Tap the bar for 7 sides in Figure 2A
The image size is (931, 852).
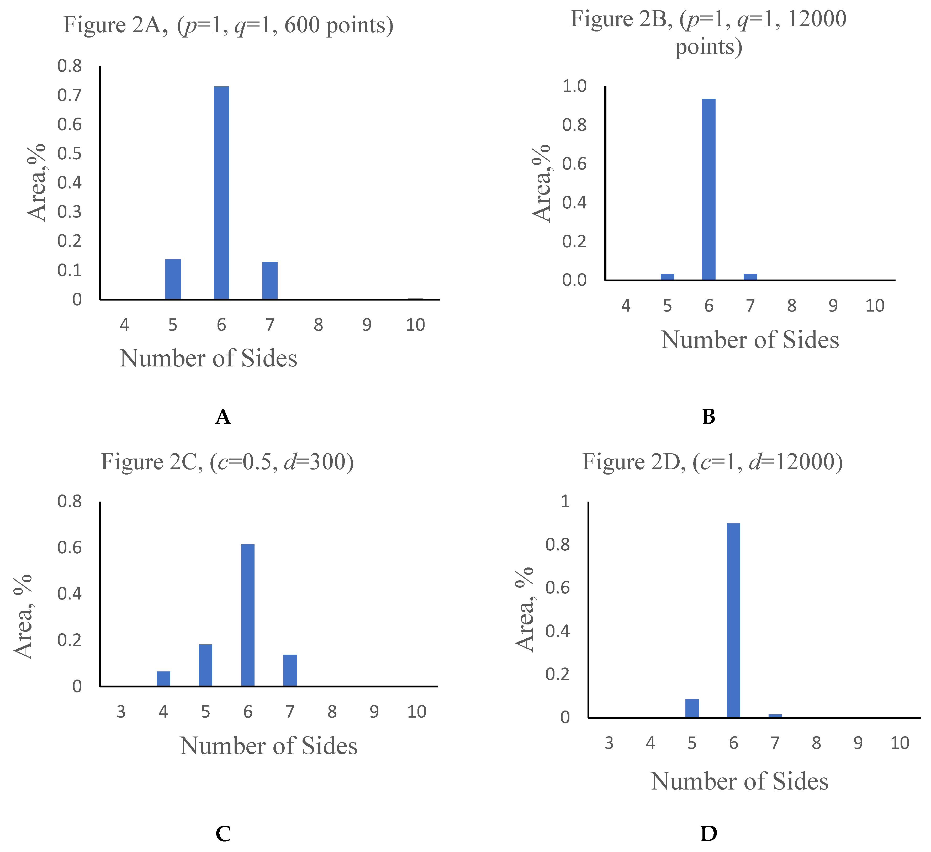[x=270, y=281]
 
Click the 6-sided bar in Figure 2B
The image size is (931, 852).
[x=708, y=190]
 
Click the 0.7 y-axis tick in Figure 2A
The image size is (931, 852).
[x=70, y=95]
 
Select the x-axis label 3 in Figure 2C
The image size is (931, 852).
[x=121, y=712]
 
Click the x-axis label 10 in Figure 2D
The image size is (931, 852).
[x=900, y=743]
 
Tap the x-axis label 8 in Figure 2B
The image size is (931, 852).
[x=792, y=306]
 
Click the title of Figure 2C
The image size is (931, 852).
[x=227, y=462]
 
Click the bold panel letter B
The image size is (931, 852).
[x=708, y=417]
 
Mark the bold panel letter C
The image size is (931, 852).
[x=223, y=834]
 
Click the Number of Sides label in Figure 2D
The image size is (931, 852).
[x=739, y=781]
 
